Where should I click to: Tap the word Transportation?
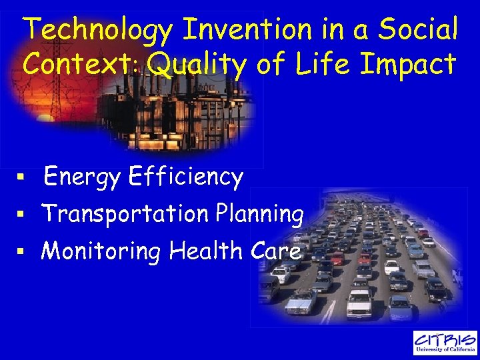125,215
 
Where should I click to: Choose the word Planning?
260,215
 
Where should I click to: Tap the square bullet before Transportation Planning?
21,215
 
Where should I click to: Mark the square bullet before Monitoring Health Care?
21,253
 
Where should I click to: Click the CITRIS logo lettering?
445,339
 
